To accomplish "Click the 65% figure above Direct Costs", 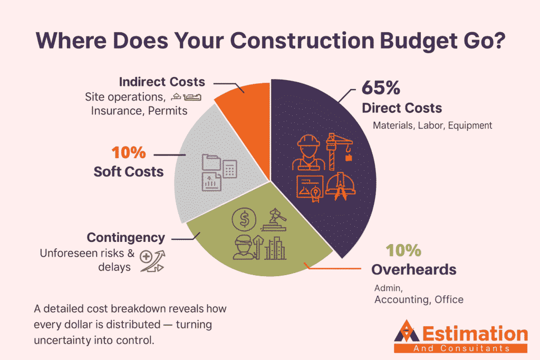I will [x=381, y=87].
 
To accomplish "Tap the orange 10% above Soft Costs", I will [x=128, y=153].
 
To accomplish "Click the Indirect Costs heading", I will [x=162, y=82].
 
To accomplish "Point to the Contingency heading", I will [x=126, y=237].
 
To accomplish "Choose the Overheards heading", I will [x=413, y=269].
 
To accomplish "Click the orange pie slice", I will [x=246, y=95].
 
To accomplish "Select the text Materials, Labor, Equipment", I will [x=432, y=125].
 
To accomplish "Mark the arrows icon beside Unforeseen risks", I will [x=152, y=261].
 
